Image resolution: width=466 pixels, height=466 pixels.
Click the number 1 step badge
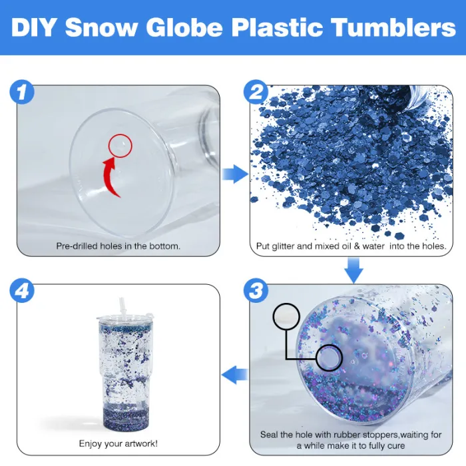click(x=22, y=92)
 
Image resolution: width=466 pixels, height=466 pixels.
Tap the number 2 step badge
click(x=256, y=92)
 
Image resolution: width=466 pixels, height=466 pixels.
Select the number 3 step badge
click(x=256, y=290)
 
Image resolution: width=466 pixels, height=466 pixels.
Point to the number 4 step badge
click(x=22, y=290)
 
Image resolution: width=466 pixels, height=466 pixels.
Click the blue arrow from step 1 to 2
click(x=235, y=174)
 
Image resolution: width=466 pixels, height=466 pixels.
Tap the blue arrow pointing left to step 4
click(x=235, y=374)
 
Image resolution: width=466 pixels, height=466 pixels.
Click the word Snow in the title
click(x=102, y=28)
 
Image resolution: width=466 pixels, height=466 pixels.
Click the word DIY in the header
click(x=33, y=28)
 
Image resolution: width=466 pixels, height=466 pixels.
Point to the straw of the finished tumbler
click(x=122, y=307)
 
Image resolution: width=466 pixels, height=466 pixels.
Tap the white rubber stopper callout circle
click(x=286, y=316)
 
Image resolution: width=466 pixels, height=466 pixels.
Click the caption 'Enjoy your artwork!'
click(x=118, y=444)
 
